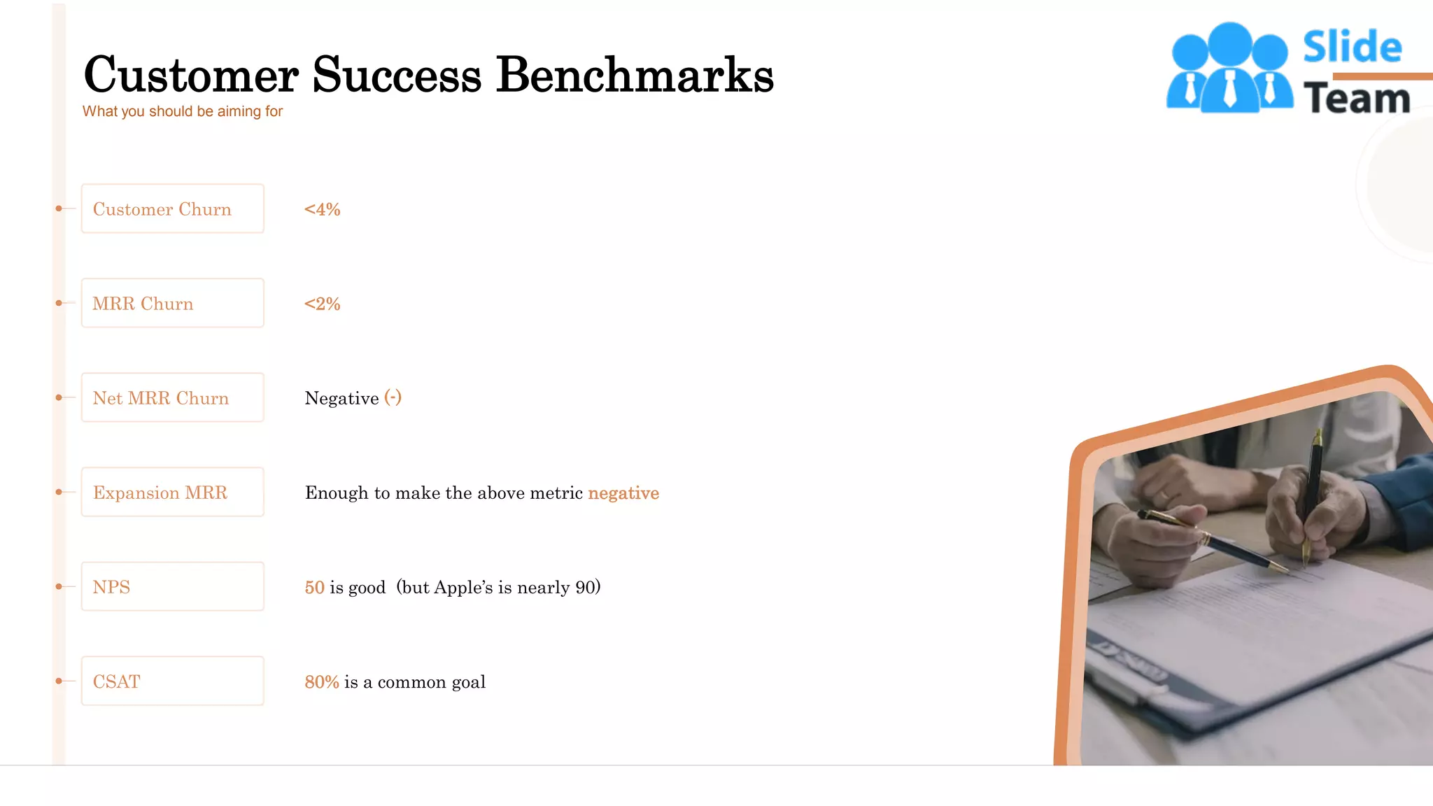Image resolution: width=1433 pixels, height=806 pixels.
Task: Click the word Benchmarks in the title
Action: click(635, 75)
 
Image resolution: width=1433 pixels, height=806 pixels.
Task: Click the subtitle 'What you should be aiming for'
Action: click(183, 111)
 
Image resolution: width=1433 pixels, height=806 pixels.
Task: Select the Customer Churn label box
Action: click(172, 208)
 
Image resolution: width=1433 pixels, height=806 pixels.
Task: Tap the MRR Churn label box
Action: click(172, 303)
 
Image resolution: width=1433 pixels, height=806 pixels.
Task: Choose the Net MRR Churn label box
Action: click(172, 397)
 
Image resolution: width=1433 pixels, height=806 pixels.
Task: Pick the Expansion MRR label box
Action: click(172, 492)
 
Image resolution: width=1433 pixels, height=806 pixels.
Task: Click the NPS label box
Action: click(172, 586)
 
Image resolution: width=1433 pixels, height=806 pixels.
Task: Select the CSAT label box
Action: click(172, 681)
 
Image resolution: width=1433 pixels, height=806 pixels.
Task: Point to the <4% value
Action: click(322, 209)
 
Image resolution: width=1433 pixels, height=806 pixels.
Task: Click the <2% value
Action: click(322, 304)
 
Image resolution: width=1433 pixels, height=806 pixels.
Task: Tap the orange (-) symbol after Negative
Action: click(393, 397)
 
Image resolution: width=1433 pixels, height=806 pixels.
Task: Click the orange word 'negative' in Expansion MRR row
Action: click(623, 493)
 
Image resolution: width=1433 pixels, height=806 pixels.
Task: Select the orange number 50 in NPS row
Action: click(314, 587)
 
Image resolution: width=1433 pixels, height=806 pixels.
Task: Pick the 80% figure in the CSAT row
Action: click(322, 681)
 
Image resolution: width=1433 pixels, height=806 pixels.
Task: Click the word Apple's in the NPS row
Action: click(463, 587)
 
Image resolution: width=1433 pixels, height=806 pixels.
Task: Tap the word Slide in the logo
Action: click(1352, 48)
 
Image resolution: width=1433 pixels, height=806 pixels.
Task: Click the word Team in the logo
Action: click(1356, 99)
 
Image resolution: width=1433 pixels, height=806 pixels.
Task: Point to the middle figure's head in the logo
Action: click(1229, 43)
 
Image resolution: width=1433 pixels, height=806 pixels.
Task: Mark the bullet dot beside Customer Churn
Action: click(59, 208)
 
